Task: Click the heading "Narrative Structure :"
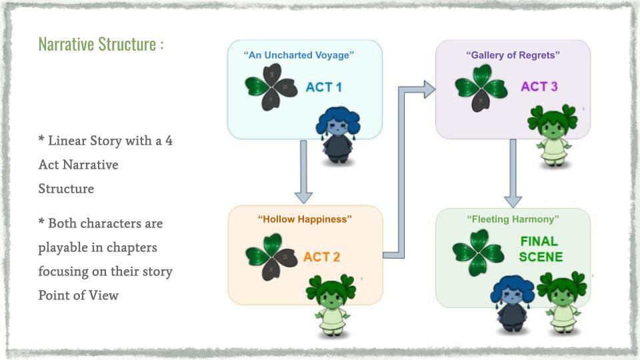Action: [x=101, y=45]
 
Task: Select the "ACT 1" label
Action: [x=324, y=87]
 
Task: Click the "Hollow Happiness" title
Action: [x=305, y=219]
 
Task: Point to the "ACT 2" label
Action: [x=322, y=257]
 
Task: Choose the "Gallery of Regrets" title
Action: [x=513, y=55]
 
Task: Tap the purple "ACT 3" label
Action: [x=539, y=87]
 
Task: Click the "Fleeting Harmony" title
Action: [x=513, y=219]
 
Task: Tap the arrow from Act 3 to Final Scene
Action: [x=513, y=173]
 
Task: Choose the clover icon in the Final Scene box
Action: [x=477, y=252]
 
